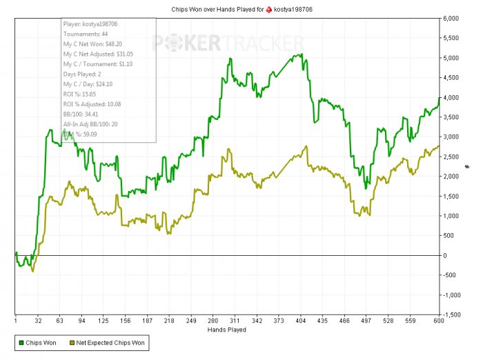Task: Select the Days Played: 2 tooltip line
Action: [82, 73]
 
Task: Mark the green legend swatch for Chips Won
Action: [22, 342]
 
